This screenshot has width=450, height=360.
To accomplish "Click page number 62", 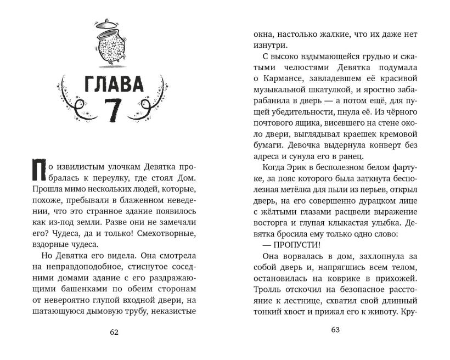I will click(114, 331).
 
